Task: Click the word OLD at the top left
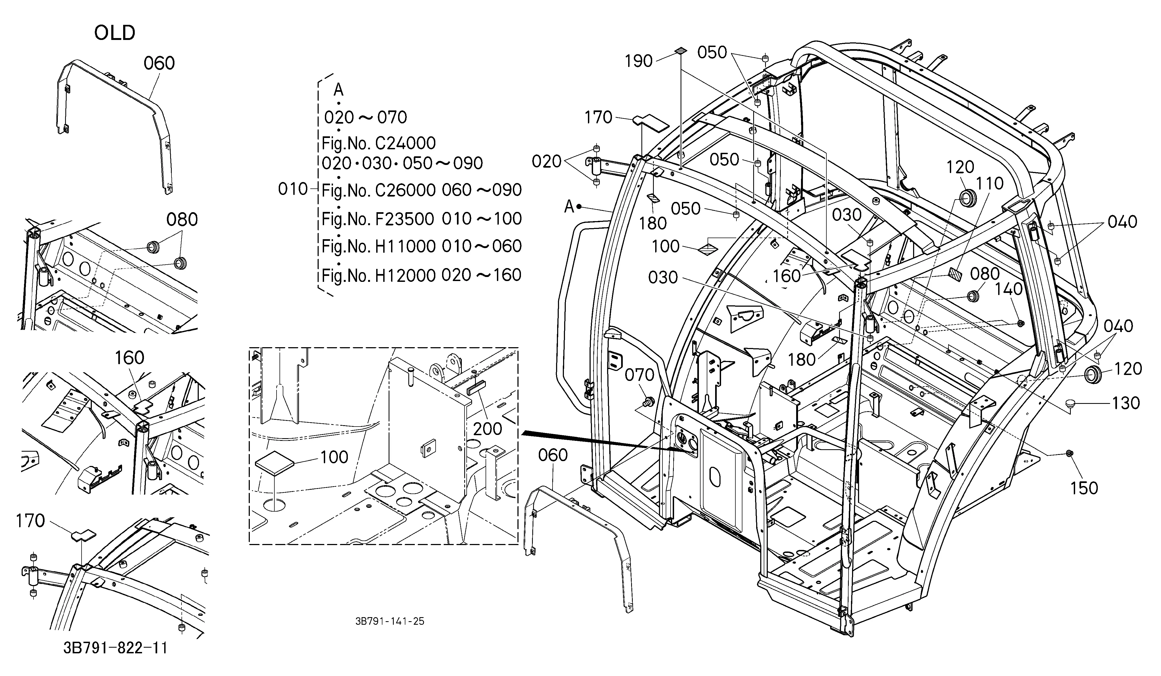pos(115,33)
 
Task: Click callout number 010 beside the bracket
pos(293,189)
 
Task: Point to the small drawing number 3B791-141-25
pos(390,621)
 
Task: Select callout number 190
pos(638,61)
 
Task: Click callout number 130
pos(1126,403)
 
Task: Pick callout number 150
pos(1084,488)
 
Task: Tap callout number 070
pos(640,375)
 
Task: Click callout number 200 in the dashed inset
pos(487,429)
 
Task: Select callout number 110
pos(990,183)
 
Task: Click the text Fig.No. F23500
pos(378,219)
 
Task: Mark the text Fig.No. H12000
pos(378,275)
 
